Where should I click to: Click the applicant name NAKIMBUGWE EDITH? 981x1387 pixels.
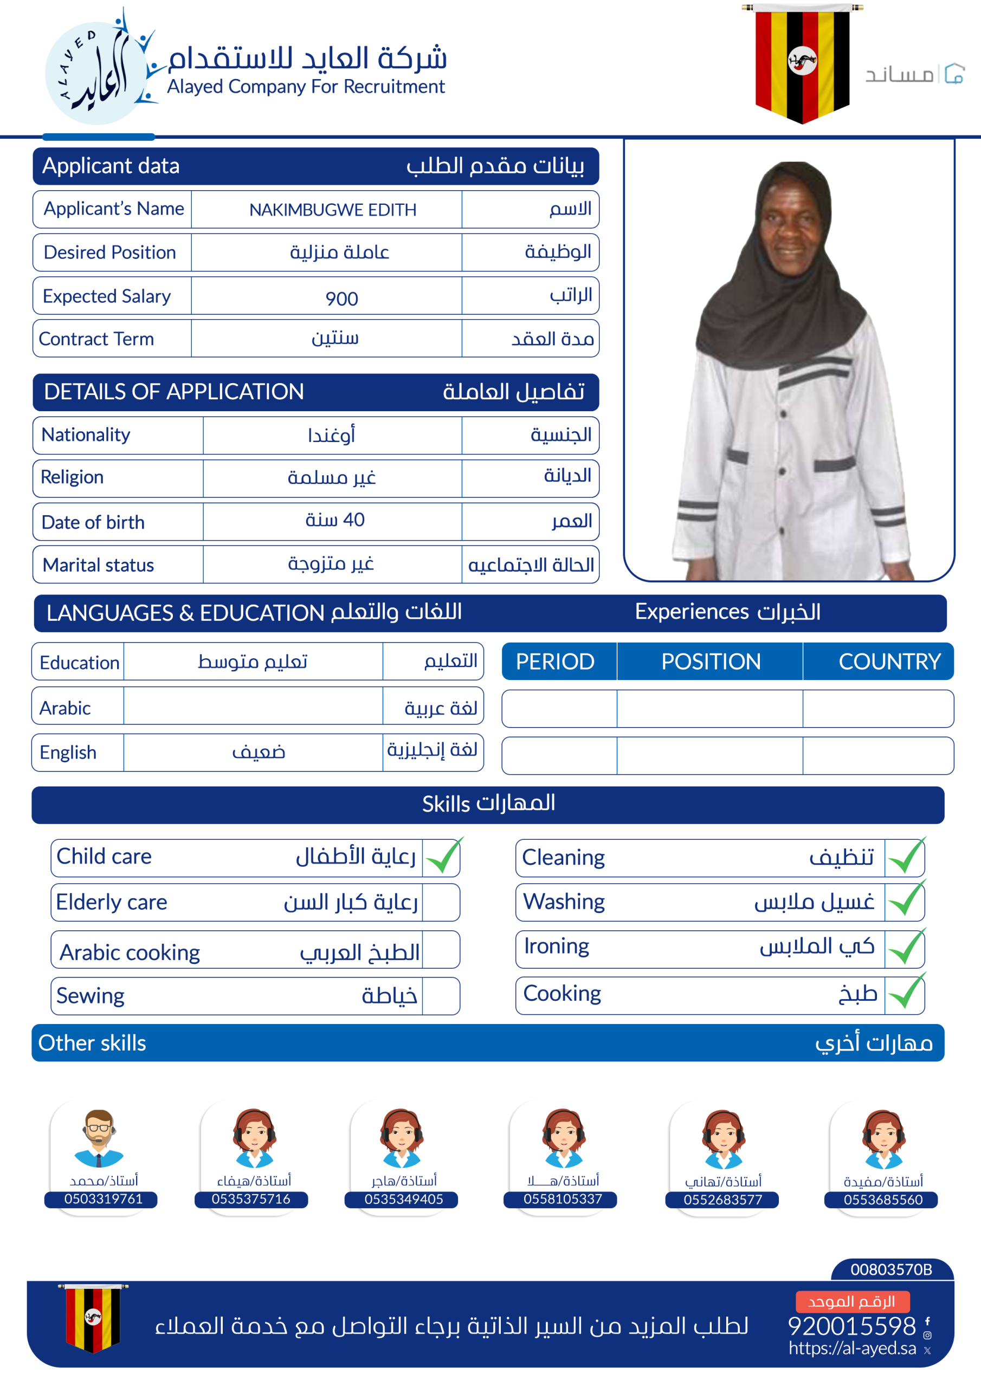tap(332, 210)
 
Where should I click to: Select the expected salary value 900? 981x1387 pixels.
tap(341, 299)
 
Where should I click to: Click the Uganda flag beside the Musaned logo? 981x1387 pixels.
tap(802, 62)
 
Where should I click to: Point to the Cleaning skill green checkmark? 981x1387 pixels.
tap(906, 857)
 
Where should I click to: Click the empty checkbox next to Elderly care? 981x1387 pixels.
tap(441, 903)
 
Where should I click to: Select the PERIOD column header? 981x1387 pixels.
tap(555, 662)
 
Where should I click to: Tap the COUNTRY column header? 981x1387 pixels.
tap(889, 662)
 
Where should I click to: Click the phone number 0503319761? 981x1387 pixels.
tap(104, 1199)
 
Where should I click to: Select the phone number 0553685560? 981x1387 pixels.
tap(883, 1200)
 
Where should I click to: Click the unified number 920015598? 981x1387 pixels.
tap(851, 1326)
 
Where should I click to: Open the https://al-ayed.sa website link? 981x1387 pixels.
tap(852, 1349)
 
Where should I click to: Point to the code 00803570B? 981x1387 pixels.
tap(891, 1269)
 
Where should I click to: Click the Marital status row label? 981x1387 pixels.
tap(99, 566)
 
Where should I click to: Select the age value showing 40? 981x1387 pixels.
tap(335, 520)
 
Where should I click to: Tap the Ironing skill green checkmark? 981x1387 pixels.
tap(906, 947)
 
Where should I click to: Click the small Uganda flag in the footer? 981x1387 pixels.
tap(93, 1318)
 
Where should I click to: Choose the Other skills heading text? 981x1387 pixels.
tap(92, 1044)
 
